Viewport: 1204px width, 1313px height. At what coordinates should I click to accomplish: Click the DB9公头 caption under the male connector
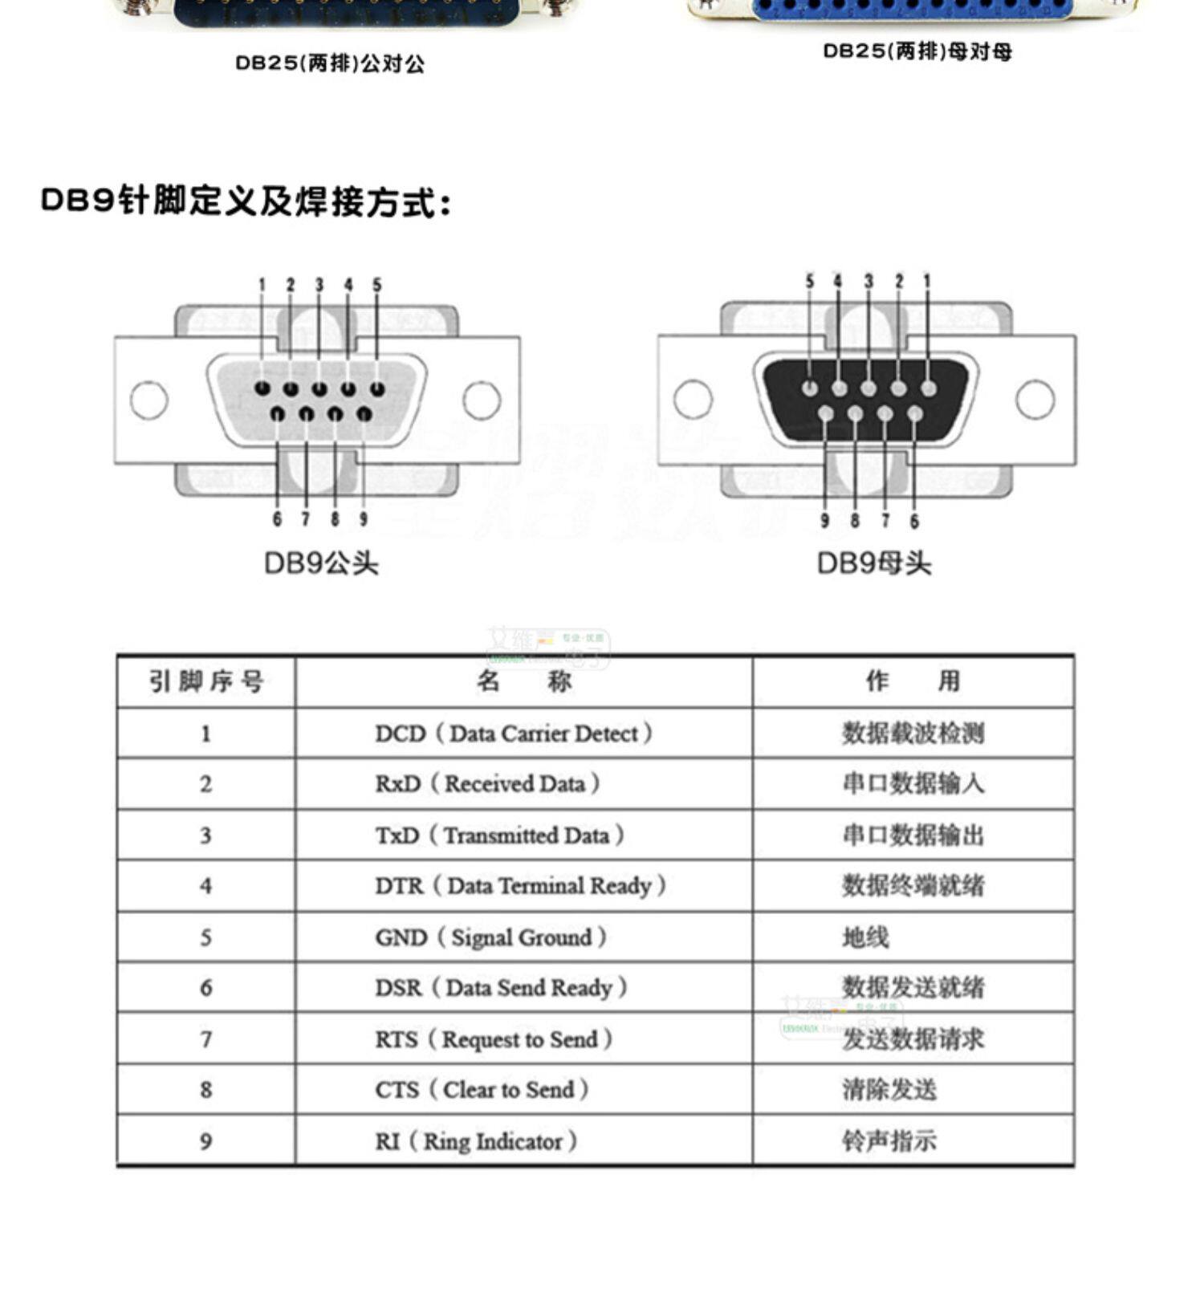[321, 563]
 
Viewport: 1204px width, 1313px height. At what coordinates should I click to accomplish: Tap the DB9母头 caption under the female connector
[874, 563]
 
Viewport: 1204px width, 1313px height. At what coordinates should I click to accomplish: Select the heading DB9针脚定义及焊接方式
[246, 201]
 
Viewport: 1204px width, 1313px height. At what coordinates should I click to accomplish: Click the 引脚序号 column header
[206, 681]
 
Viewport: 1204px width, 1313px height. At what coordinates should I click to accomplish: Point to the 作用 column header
[913, 681]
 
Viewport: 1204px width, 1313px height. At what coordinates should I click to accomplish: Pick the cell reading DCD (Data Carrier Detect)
[514, 733]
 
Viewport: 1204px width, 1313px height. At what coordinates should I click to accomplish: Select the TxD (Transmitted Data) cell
[500, 835]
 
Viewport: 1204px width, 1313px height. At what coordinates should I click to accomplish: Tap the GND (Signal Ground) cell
[491, 937]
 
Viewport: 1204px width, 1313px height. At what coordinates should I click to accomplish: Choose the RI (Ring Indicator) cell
[476, 1140]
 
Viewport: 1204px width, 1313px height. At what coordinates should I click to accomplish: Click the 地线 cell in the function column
[865, 937]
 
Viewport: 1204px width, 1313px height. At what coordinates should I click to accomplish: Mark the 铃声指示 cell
[889, 1140]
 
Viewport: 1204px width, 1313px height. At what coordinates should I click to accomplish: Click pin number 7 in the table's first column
[206, 1039]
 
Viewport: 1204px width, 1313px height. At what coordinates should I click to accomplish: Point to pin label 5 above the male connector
[377, 285]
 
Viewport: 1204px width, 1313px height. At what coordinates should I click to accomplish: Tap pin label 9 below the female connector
[824, 521]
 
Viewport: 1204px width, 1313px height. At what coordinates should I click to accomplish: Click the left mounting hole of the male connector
[149, 400]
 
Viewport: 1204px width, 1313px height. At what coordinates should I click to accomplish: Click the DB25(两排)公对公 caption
[330, 63]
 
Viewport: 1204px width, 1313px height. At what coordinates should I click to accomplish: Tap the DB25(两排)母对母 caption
[917, 51]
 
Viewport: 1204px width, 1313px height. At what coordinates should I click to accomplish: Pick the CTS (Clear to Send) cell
[482, 1089]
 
